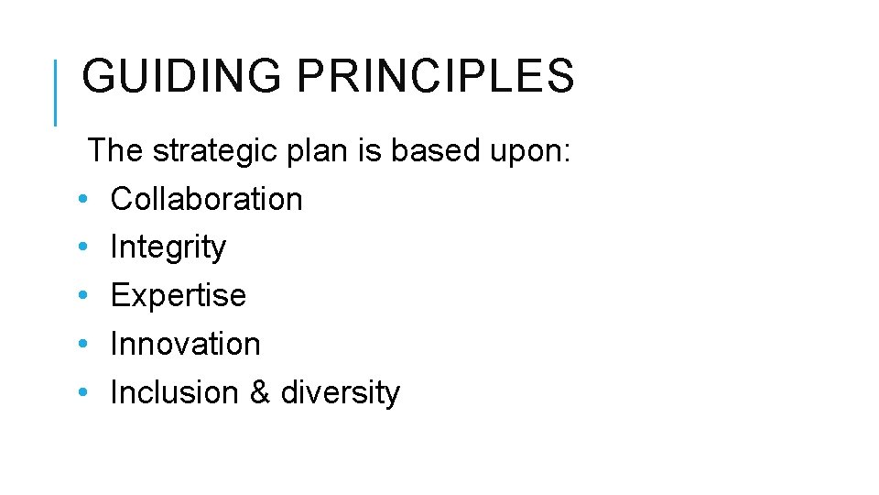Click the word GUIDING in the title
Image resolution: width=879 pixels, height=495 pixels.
click(181, 77)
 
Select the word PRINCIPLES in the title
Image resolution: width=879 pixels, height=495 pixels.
click(435, 77)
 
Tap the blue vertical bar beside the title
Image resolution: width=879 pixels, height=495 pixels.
click(55, 92)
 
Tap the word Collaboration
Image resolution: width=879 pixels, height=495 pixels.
click(206, 199)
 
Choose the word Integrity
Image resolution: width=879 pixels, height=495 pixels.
click(168, 247)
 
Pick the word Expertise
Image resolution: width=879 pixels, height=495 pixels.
click(178, 296)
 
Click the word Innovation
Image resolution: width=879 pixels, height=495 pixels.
click(185, 345)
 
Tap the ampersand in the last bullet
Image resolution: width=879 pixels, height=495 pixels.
click(259, 393)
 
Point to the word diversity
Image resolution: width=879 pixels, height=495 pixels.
click(341, 393)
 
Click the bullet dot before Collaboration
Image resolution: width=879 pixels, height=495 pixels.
click(82, 200)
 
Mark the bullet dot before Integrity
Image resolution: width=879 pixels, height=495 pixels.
click(82, 248)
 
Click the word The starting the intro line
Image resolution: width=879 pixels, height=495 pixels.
click(115, 150)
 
